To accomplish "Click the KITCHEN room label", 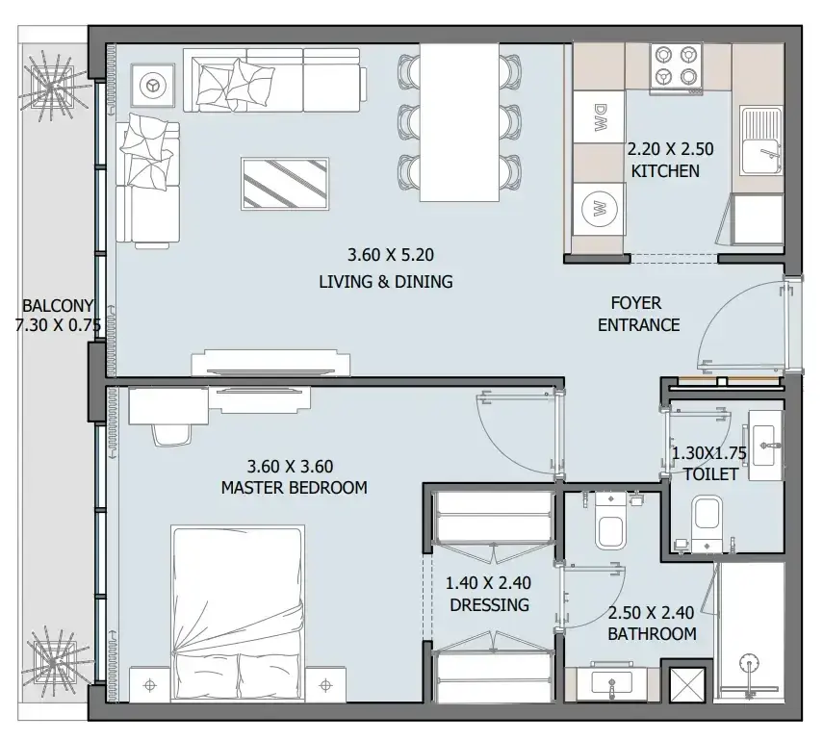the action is tap(665, 171).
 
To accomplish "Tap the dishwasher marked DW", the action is tap(599, 117).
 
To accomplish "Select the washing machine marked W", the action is tap(599, 210).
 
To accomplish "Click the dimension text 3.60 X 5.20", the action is tap(391, 255).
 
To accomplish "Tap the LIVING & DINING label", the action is tap(386, 282).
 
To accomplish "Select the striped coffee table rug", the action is tap(285, 184).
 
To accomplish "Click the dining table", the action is tap(459, 122).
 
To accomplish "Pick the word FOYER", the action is tap(635, 303).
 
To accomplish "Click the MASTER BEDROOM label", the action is tap(294, 488).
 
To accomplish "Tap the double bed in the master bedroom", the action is tap(238, 614).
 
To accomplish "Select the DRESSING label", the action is tap(489, 605).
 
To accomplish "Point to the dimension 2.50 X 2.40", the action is tap(651, 612).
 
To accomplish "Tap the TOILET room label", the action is tap(711, 474).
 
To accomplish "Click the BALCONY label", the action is tap(58, 305).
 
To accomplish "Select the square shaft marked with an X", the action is tap(687, 684).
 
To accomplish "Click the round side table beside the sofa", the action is tap(153, 86).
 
